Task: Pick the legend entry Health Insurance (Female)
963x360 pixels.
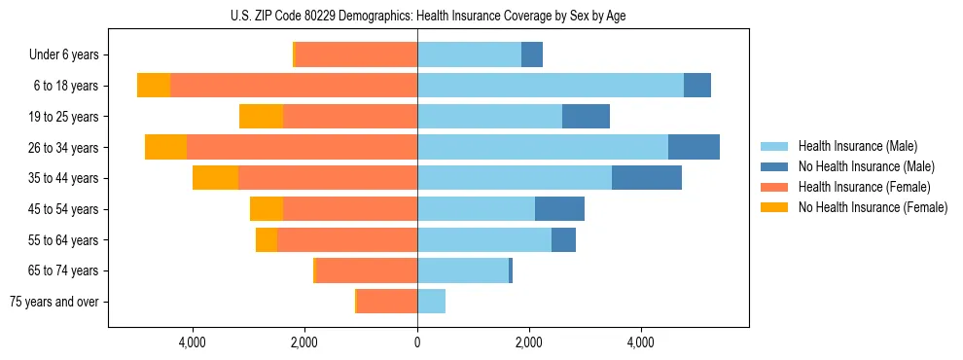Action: tap(858, 187)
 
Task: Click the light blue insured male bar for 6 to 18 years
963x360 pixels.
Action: tap(551, 86)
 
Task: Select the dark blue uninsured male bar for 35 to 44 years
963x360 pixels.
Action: tap(647, 178)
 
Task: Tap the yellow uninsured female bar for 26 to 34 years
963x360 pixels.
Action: tap(165, 147)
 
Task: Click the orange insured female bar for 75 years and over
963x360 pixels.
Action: tap(387, 302)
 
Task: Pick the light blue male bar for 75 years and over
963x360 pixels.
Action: tap(431, 302)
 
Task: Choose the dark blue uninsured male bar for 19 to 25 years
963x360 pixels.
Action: tap(586, 117)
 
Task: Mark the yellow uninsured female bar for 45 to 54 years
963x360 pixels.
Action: tap(267, 209)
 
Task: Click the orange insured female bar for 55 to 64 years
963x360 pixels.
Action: tap(347, 239)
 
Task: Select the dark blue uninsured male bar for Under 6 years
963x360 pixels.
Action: tap(532, 55)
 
